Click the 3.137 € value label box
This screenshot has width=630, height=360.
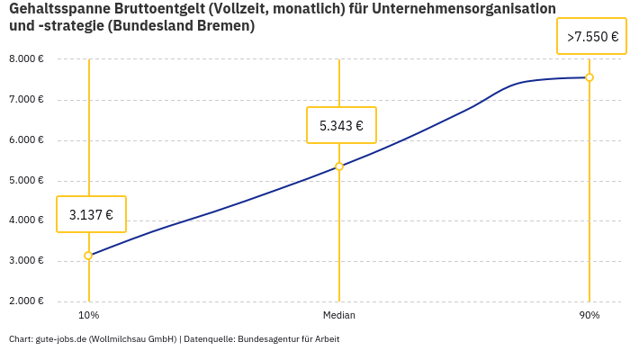point(91,214)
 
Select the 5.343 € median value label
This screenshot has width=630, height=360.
point(341,125)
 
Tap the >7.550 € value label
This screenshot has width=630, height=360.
point(592,37)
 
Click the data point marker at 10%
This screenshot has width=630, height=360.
point(88,256)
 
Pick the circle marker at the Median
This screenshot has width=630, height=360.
point(339,166)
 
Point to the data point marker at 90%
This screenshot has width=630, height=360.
point(589,77)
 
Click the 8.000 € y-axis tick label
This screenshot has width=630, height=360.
point(26,59)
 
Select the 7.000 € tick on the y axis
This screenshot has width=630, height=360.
point(26,100)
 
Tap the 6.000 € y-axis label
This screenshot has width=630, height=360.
point(26,140)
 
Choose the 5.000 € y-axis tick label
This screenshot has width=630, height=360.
point(26,181)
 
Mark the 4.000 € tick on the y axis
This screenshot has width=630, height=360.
point(26,220)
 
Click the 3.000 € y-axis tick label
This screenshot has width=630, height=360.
point(26,261)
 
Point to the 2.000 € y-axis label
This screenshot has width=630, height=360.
point(26,301)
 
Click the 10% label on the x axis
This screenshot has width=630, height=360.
point(88,316)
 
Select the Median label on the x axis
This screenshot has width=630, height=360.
point(339,316)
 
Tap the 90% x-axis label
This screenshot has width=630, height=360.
point(589,316)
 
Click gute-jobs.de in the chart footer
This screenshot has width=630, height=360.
point(60,339)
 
